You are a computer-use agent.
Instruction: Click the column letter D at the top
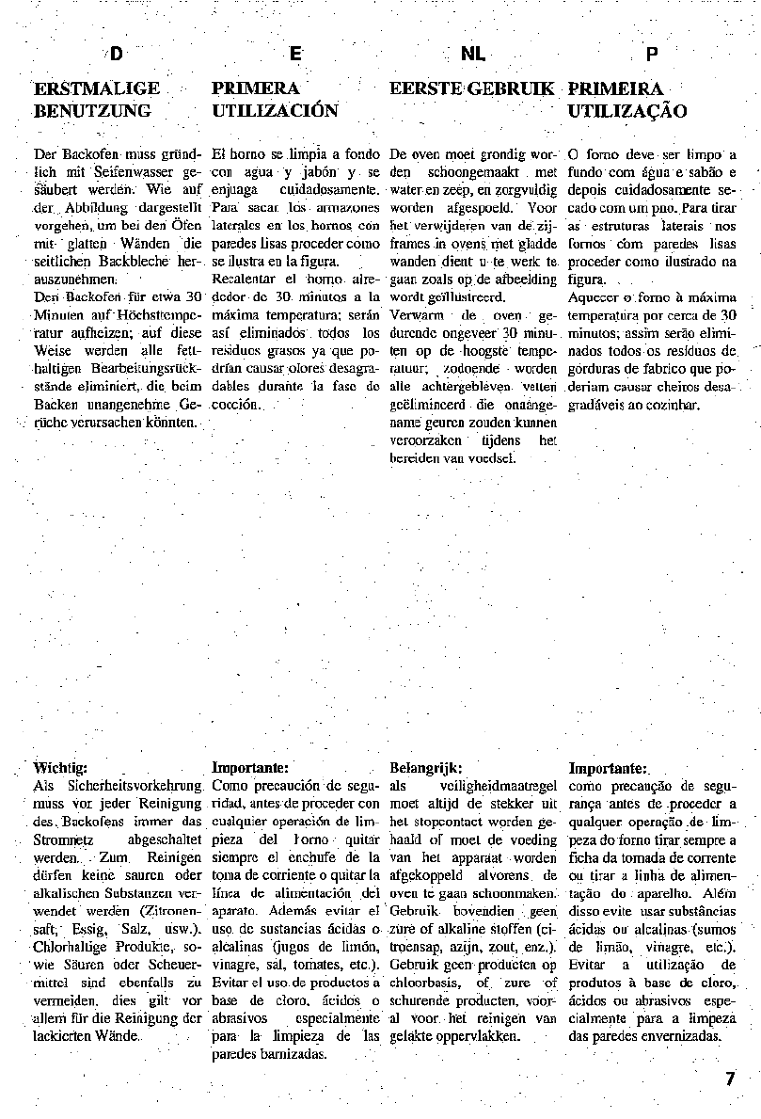pyautogui.click(x=117, y=55)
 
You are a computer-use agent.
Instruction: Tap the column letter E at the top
pyautogui.click(x=294, y=55)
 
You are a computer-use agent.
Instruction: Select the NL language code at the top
pyautogui.click(x=473, y=55)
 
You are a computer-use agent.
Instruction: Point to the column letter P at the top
pyautogui.click(x=652, y=55)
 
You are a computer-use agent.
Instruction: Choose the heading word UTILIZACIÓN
pyautogui.click(x=275, y=111)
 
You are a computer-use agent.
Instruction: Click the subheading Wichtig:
pyautogui.click(x=60, y=767)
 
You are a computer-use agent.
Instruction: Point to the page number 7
pyautogui.click(x=730, y=1079)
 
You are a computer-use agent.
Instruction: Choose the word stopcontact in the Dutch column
pyautogui.click(x=451, y=821)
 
